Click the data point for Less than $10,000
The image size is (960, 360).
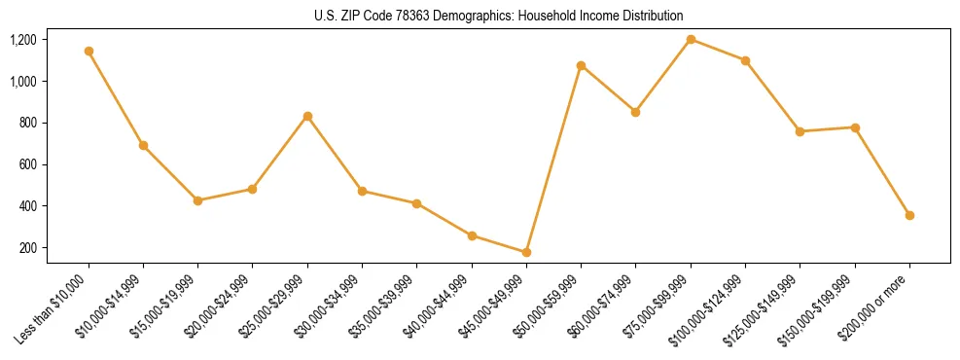pyautogui.click(x=89, y=51)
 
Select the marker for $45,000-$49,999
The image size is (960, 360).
pyautogui.click(x=526, y=252)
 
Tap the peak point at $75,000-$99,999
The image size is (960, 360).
pyautogui.click(x=691, y=40)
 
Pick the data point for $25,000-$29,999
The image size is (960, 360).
pyautogui.click(x=307, y=117)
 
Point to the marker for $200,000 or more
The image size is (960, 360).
pyautogui.click(x=909, y=215)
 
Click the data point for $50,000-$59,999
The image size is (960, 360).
pyautogui.click(x=581, y=66)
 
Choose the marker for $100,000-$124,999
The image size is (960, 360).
pyautogui.click(x=745, y=60)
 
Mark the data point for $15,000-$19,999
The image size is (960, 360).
pyautogui.click(x=198, y=200)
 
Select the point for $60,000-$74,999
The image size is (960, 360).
pyautogui.click(x=636, y=112)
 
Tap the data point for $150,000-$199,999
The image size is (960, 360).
pyautogui.click(x=855, y=127)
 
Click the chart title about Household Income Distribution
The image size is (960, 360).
pyautogui.click(x=499, y=16)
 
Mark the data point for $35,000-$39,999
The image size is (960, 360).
pyautogui.click(x=416, y=203)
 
